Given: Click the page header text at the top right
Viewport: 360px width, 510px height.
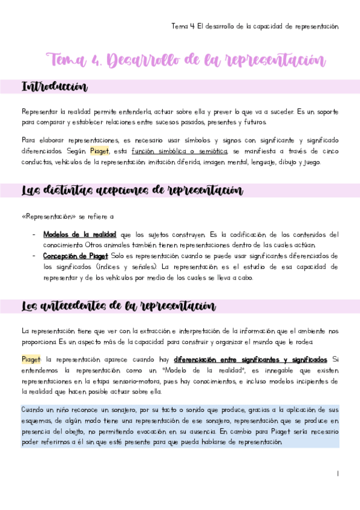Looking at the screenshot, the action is [x=255, y=26].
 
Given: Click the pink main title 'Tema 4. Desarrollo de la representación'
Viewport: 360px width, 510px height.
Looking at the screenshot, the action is [x=186, y=60].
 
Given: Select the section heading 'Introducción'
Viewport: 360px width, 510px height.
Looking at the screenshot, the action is [x=54, y=87].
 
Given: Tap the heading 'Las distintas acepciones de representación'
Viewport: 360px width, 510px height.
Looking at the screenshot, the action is [x=132, y=191].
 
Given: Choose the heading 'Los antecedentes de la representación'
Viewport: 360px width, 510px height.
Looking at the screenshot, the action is [x=118, y=306].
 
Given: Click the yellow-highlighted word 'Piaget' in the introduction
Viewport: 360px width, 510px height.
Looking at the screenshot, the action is [x=100, y=150].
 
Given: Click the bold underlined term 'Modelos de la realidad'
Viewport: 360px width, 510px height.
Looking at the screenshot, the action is [x=80, y=235].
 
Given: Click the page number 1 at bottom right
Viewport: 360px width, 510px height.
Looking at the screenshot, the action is [x=338, y=474].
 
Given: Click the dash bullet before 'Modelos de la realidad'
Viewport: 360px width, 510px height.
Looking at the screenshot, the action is [x=34, y=235].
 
